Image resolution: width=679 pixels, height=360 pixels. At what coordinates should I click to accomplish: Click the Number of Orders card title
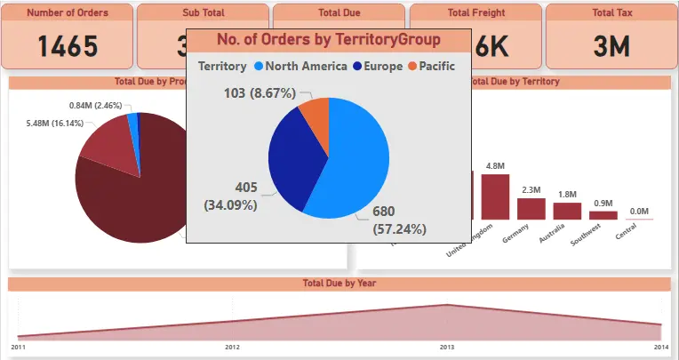(68, 13)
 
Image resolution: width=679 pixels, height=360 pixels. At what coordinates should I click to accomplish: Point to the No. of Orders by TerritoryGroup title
(328, 40)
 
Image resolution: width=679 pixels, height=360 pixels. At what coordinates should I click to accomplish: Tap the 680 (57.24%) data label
(399, 220)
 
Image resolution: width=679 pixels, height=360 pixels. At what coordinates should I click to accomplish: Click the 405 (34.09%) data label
(232, 196)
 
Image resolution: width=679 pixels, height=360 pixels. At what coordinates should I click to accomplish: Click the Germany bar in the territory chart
(531, 208)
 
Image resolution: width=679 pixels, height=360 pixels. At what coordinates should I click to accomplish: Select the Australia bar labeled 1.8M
(566, 211)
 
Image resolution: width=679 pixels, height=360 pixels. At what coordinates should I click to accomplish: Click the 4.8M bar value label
(495, 166)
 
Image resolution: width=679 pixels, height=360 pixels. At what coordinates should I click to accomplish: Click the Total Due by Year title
(338, 284)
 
